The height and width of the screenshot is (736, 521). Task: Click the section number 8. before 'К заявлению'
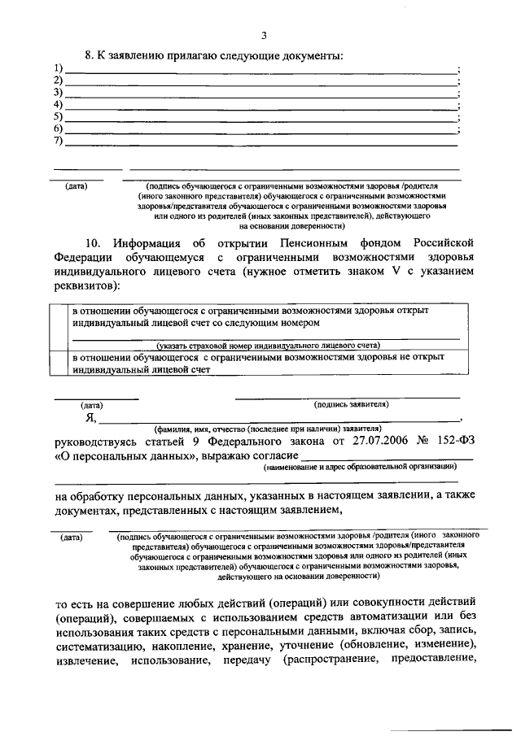90,55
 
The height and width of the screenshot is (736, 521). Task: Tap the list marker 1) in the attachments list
58,68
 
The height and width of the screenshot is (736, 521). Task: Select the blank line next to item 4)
260,107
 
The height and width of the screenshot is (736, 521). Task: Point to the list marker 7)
58,142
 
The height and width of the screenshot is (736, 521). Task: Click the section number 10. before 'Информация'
95,243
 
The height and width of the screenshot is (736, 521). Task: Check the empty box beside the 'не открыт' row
58,363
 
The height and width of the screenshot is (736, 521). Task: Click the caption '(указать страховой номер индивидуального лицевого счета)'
269,346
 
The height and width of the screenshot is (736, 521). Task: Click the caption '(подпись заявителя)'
351,404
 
